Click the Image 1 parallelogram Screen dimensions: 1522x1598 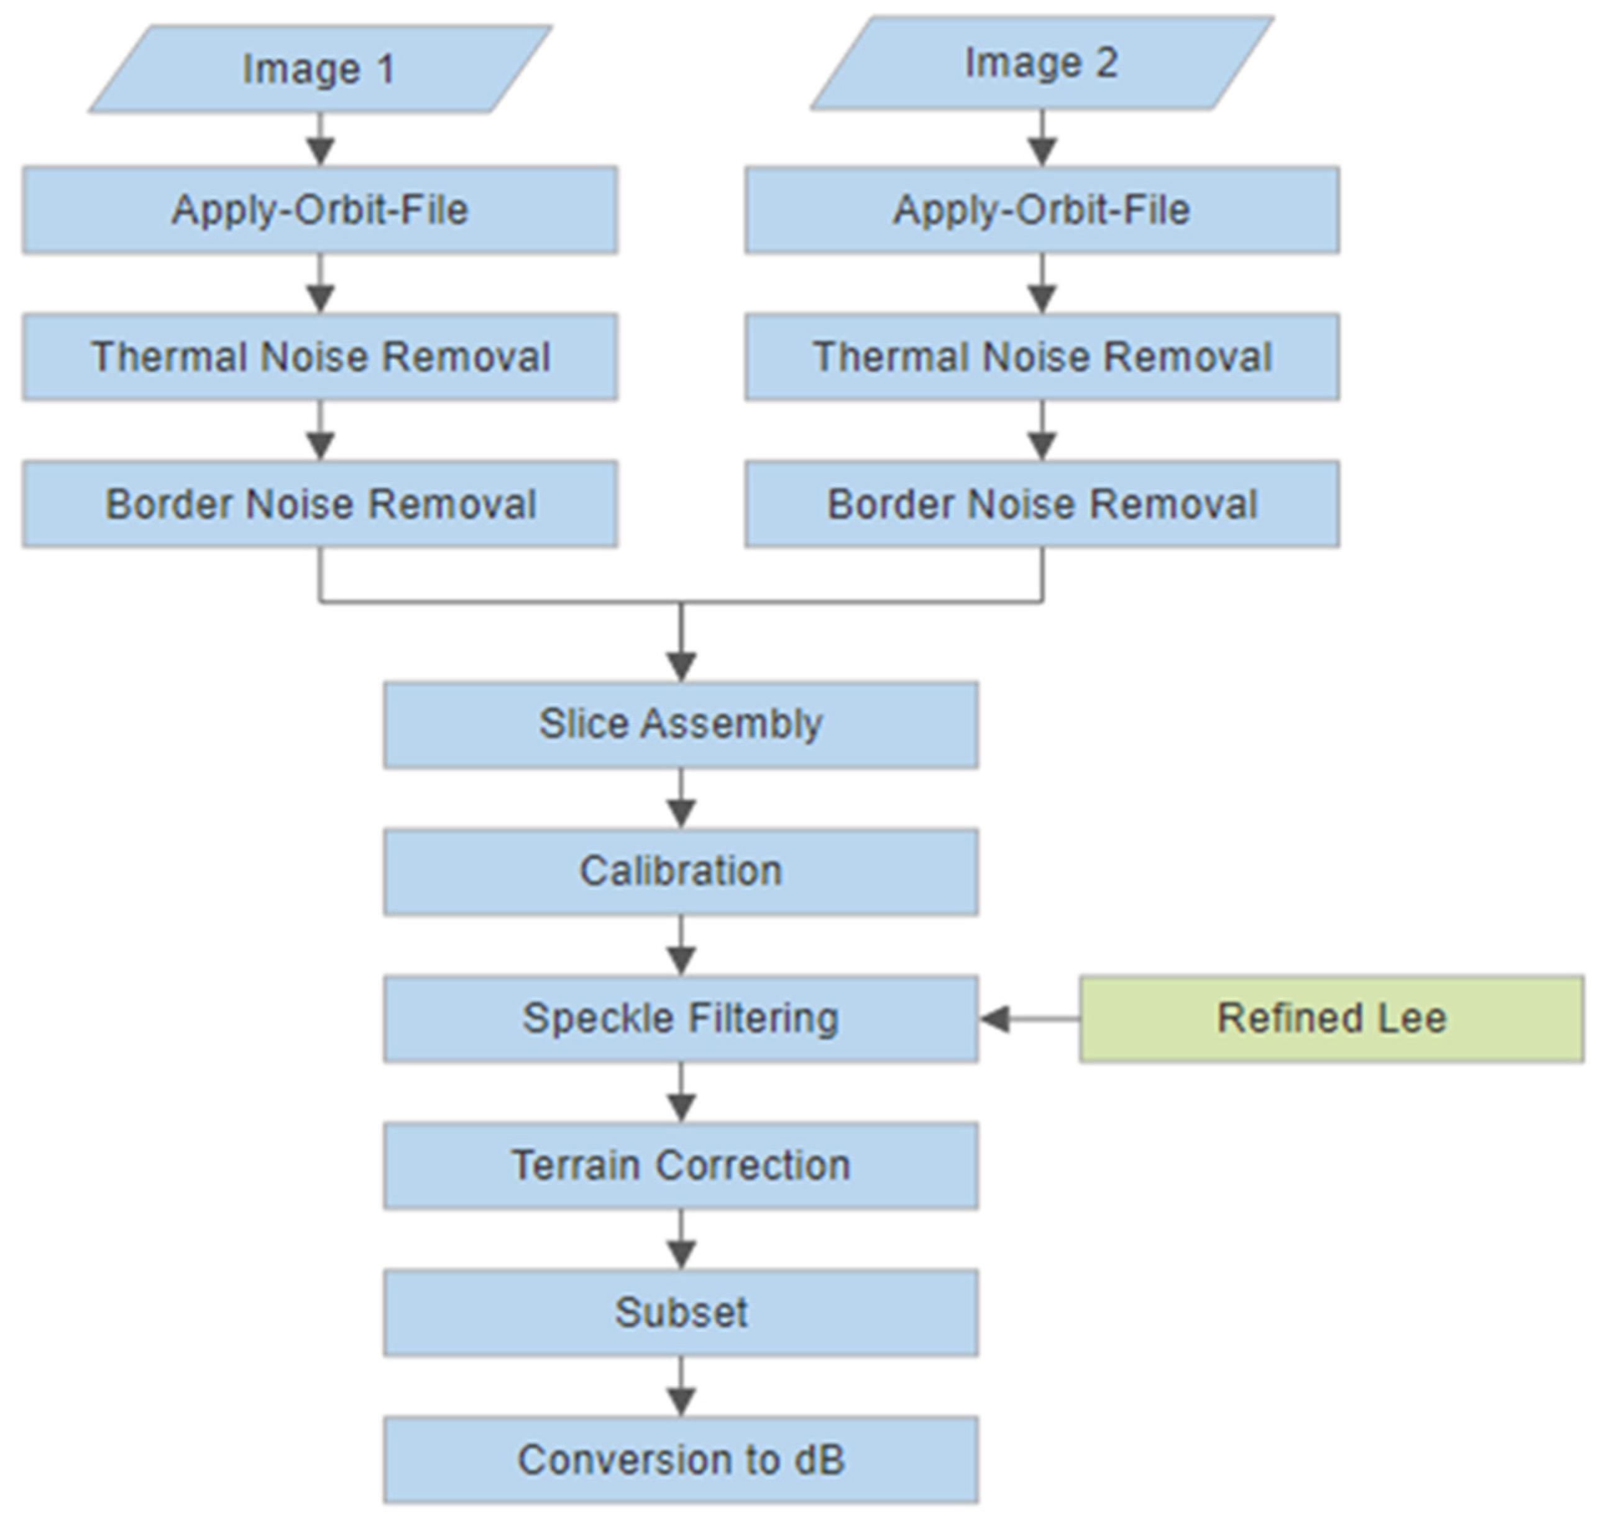click(321, 69)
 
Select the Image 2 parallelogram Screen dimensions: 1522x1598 click(1042, 63)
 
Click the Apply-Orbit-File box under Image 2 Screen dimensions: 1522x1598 click(1042, 210)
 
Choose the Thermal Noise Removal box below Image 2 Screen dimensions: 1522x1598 click(1042, 357)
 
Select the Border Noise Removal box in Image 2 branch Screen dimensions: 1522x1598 click(1042, 504)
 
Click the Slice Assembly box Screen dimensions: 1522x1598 click(681, 724)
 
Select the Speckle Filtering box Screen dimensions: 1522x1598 click(681, 1019)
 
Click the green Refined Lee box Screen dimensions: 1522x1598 click(1330, 1019)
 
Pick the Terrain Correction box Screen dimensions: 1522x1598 click(681, 1166)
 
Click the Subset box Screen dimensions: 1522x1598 click(681, 1312)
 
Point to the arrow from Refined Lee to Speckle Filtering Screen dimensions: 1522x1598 click(1030, 1019)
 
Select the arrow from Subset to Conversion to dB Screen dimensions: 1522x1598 click(681, 1387)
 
